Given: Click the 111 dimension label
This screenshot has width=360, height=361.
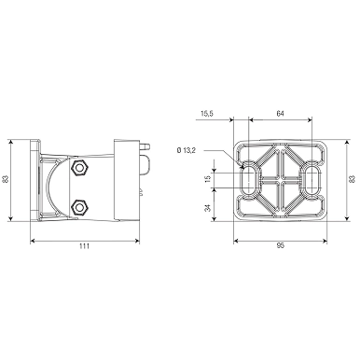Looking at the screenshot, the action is (x=84, y=246).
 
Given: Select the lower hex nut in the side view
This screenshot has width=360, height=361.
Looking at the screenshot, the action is (x=80, y=207).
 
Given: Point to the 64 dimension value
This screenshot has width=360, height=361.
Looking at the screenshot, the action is (x=281, y=114).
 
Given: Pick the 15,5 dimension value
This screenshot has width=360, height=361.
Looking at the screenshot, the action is (x=207, y=114).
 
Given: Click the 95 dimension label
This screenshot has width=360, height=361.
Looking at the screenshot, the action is (x=281, y=245).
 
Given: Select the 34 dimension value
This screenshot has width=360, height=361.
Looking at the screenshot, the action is (x=208, y=207).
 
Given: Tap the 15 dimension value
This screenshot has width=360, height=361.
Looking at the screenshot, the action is (x=208, y=178).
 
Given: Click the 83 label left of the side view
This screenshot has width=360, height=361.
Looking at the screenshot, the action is (x=5, y=179).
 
